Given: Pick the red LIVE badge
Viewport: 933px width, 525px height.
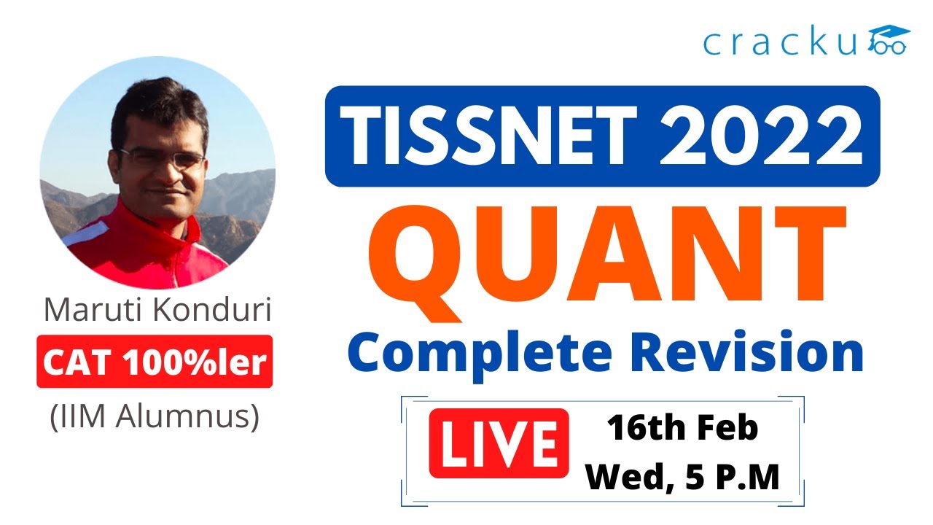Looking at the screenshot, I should [x=499, y=443].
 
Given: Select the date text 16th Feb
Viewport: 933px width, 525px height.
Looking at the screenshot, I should [x=683, y=429].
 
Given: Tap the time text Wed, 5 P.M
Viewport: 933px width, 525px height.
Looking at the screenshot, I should [x=683, y=477].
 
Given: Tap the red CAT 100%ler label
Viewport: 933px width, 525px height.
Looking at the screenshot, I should [x=155, y=362].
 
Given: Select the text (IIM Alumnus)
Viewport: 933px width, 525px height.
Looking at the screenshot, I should [x=155, y=419].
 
